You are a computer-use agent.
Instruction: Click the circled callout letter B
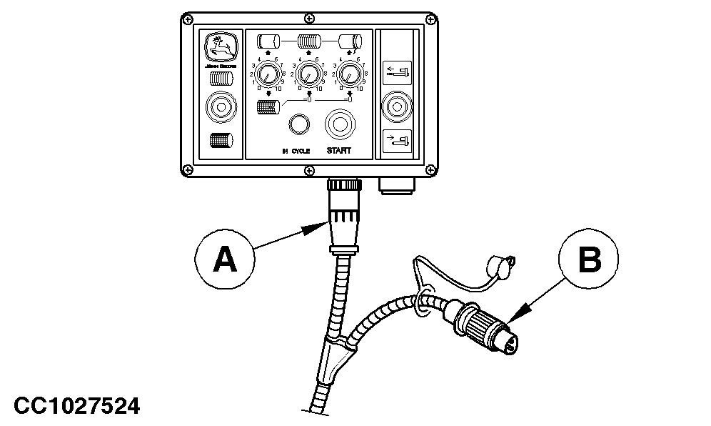[x=589, y=259]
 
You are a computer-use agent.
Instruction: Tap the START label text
[x=339, y=152]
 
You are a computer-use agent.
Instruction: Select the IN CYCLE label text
[x=295, y=152]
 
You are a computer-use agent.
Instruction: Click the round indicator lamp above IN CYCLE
[x=298, y=124]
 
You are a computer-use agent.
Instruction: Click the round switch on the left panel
[x=221, y=109]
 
